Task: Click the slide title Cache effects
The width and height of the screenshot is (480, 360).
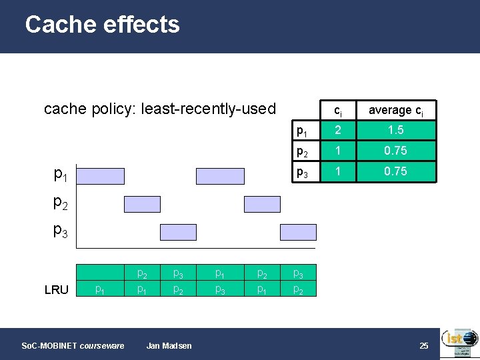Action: coord(102,25)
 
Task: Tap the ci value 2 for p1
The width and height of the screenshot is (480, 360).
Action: coord(338,130)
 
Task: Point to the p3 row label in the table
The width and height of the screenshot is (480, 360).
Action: coord(303,171)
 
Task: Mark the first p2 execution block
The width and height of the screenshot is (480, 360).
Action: coord(142,204)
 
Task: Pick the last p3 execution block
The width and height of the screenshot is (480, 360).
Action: coord(298,232)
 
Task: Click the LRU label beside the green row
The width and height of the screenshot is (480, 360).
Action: coord(56,289)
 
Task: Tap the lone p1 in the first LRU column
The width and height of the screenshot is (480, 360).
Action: coord(99,289)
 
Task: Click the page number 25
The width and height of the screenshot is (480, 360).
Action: coord(423,345)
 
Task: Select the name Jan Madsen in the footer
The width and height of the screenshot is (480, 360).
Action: coord(169,345)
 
